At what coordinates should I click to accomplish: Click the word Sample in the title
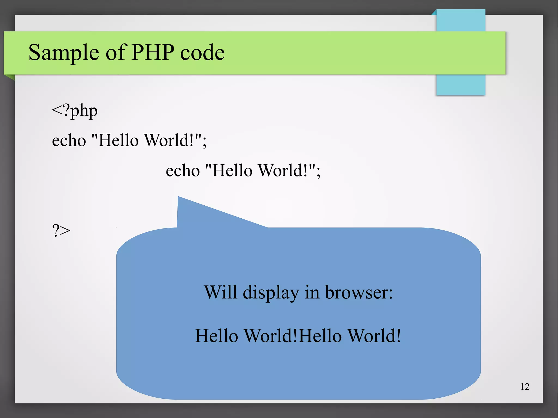pyautogui.click(x=64, y=52)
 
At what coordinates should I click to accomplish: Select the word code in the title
pyautogui.click(x=202, y=52)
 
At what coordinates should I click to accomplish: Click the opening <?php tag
pyautogui.click(x=75, y=111)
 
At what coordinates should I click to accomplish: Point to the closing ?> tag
pyautogui.click(x=61, y=231)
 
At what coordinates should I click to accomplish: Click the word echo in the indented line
pyautogui.click(x=183, y=171)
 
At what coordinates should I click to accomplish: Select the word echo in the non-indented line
pyautogui.click(x=69, y=141)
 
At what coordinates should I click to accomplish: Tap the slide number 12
pyautogui.click(x=525, y=387)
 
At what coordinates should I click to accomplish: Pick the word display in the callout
pyautogui.click(x=271, y=293)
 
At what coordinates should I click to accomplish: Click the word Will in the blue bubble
pyautogui.click(x=221, y=292)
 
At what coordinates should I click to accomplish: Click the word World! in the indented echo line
pyautogui.click(x=284, y=170)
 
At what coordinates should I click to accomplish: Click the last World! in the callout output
pyautogui.click(x=375, y=335)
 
